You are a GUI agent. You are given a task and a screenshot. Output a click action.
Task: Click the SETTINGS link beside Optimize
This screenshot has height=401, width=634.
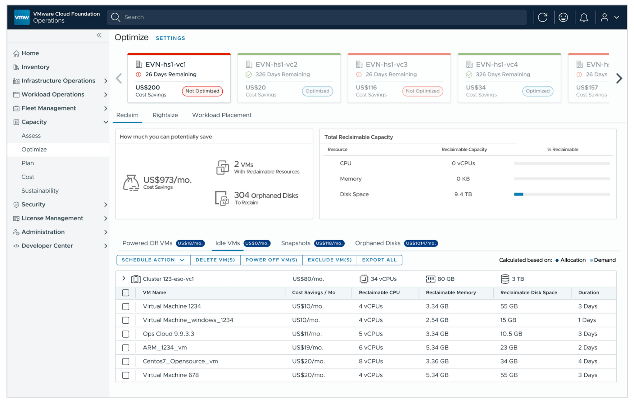point(170,38)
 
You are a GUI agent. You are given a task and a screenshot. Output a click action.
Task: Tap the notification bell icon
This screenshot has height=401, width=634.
point(583,17)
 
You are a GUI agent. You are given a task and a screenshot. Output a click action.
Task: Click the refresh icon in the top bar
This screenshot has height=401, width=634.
point(542,17)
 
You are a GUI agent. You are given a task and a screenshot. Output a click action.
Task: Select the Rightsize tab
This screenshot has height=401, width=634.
point(165,115)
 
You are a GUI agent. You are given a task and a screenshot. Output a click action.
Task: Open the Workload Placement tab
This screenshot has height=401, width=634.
point(221,115)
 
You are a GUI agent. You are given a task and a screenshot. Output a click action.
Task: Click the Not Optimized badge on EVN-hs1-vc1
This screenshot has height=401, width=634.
point(202,91)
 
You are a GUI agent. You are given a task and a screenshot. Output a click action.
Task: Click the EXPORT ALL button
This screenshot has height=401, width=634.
point(379,260)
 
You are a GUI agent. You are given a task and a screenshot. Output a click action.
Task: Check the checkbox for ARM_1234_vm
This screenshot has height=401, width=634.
point(126,348)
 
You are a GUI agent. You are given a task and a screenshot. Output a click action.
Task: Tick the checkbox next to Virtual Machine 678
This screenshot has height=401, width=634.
point(126,375)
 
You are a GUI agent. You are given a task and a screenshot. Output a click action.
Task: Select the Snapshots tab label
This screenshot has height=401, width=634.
point(295,243)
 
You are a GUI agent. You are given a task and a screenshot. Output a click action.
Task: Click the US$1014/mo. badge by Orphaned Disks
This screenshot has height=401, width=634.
point(420,244)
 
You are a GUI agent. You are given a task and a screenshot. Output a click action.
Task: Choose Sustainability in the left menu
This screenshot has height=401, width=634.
point(40,191)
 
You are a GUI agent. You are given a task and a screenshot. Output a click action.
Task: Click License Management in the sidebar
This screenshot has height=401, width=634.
point(52,218)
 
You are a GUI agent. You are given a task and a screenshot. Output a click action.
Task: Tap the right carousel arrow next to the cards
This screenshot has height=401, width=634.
point(619,79)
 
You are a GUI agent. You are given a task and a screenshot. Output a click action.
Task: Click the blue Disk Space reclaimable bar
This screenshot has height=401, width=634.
point(519,195)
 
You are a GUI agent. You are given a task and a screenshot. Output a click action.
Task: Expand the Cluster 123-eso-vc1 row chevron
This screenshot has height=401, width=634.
point(124,278)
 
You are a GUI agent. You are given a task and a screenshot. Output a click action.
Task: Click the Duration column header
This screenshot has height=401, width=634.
point(588,293)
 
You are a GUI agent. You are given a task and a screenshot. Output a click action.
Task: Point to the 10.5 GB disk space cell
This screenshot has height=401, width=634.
point(511,334)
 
